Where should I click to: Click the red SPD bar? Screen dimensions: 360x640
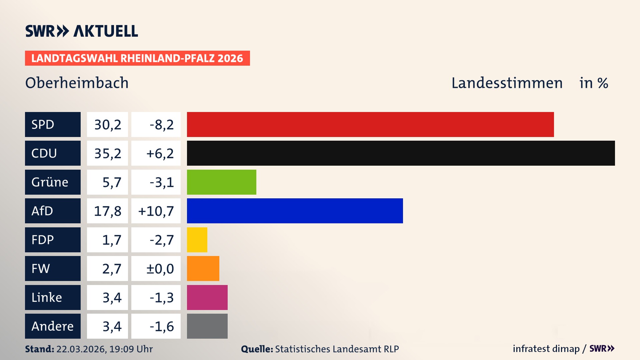(370, 124)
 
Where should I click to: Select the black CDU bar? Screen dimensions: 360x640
(401, 153)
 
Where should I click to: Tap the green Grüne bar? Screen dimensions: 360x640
(221, 182)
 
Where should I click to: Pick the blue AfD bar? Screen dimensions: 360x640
(295, 211)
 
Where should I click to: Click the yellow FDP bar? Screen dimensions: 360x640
(197, 240)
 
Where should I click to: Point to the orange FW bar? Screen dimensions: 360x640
(203, 268)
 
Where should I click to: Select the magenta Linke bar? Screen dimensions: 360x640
(207, 297)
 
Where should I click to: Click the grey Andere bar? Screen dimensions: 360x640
(207, 326)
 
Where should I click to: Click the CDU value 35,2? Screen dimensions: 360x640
(107, 153)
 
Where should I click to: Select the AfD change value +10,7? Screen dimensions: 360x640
(156, 211)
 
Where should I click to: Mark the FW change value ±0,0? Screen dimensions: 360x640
(160, 269)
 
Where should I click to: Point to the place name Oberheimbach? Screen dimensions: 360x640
(77, 83)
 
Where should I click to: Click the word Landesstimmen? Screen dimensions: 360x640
(507, 83)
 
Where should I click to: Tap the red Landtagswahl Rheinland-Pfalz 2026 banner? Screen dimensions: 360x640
(137, 58)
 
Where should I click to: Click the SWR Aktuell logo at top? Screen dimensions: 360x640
(82, 31)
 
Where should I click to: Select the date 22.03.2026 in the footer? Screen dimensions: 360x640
(81, 349)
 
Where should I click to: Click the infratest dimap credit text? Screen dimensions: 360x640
(546, 349)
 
